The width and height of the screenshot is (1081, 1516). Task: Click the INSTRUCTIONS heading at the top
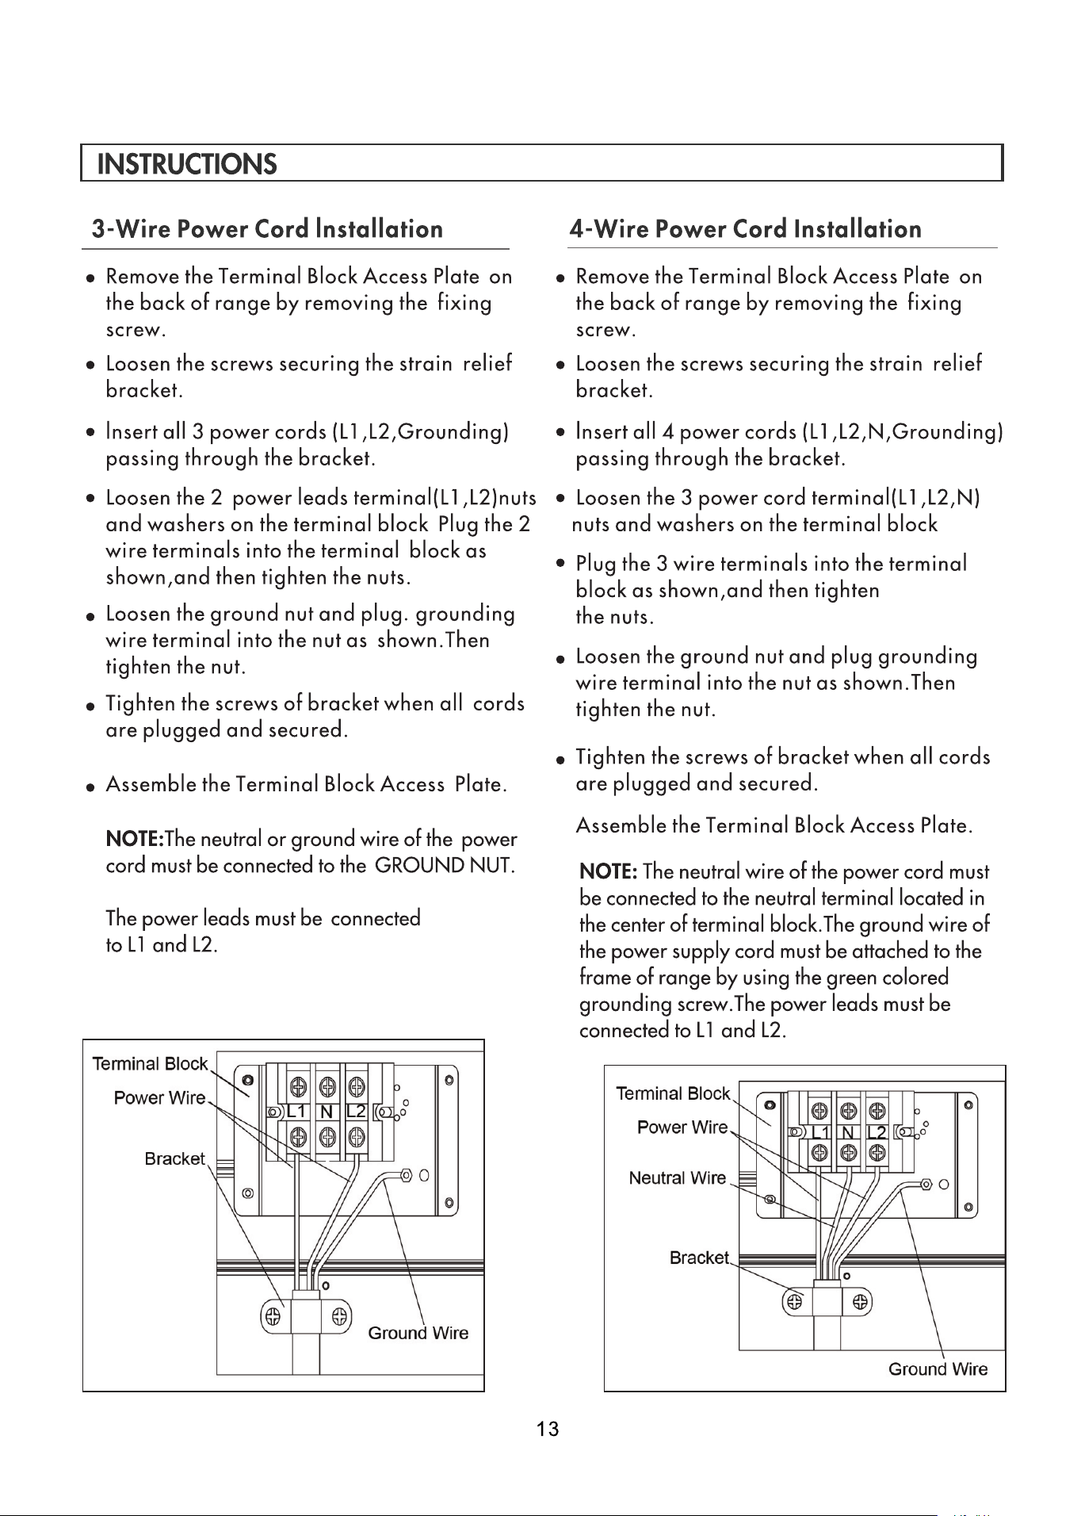click(x=187, y=164)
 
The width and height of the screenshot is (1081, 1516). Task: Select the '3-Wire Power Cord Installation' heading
click(x=268, y=229)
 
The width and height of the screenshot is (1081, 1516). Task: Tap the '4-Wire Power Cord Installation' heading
click(x=746, y=229)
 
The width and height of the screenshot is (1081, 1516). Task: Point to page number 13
click(x=548, y=1429)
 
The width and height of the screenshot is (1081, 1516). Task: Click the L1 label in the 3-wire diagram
click(x=296, y=1111)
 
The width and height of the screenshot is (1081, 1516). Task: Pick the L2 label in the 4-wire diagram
click(x=876, y=1133)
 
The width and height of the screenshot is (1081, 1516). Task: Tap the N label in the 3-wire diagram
click(x=326, y=1111)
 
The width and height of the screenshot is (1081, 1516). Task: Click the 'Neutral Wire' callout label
click(x=678, y=1177)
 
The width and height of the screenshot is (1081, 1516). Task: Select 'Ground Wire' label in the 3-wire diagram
click(x=418, y=1333)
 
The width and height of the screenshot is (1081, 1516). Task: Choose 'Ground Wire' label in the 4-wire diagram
click(x=938, y=1369)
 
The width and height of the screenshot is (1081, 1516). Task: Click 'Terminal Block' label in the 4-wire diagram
click(x=674, y=1093)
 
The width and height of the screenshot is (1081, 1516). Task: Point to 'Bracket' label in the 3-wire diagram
click(x=175, y=1158)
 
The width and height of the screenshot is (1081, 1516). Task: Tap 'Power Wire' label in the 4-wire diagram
click(x=682, y=1127)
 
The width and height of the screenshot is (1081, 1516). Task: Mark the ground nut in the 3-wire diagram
click(x=407, y=1174)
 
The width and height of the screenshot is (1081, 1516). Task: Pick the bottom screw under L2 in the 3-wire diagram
click(x=357, y=1136)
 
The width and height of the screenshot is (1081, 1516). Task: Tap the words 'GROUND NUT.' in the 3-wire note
click(x=445, y=864)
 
